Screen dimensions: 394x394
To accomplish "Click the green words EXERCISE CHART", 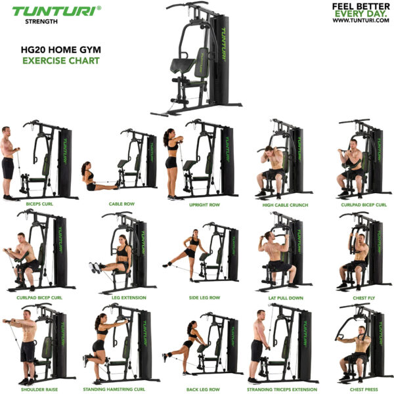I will (60, 60).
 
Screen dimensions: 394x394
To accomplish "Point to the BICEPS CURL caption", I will (39, 204).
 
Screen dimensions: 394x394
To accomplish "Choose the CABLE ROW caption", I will (121, 204).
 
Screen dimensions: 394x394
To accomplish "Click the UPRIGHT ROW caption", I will (204, 204).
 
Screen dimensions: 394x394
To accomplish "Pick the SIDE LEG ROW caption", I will (204, 297).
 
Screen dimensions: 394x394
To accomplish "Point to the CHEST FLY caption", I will (363, 297).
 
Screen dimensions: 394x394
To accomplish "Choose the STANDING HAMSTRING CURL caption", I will (118, 389).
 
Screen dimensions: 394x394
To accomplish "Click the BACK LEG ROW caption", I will (202, 389).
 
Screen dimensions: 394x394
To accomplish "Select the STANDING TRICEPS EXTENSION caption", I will (282, 389).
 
